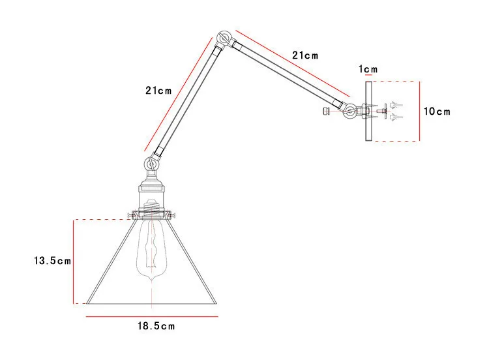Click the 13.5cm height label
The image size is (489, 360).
[x=53, y=261]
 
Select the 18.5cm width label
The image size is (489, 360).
[x=155, y=324]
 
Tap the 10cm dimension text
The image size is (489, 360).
[x=437, y=112]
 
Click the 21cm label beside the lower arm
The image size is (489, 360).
[x=158, y=91]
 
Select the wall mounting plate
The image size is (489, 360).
[x=368, y=112]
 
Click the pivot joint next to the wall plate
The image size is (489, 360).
[x=351, y=112]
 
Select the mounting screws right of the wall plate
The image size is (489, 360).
[x=394, y=111]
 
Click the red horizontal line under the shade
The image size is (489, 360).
[x=151, y=316]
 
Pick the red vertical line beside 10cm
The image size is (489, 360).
[x=419, y=111]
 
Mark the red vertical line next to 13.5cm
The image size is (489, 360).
[x=74, y=261]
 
